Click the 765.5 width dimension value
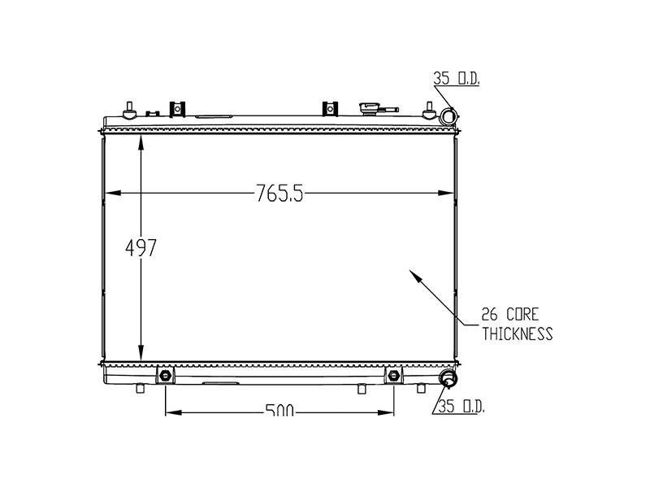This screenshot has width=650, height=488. (279, 194)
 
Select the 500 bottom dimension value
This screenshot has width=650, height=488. (279, 412)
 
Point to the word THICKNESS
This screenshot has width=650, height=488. (517, 333)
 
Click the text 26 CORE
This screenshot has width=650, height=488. (510, 314)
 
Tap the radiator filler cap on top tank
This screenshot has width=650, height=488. (375, 107)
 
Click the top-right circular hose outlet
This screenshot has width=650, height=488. (446, 118)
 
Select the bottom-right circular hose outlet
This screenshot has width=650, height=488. (448, 379)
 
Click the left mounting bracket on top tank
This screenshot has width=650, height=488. (177, 108)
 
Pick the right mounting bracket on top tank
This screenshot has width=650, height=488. (329, 108)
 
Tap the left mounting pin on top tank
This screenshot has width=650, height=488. (128, 109)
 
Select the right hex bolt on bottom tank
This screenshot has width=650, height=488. (394, 375)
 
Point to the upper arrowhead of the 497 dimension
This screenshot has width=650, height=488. (141, 141)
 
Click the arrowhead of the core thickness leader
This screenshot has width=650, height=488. (415, 276)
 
